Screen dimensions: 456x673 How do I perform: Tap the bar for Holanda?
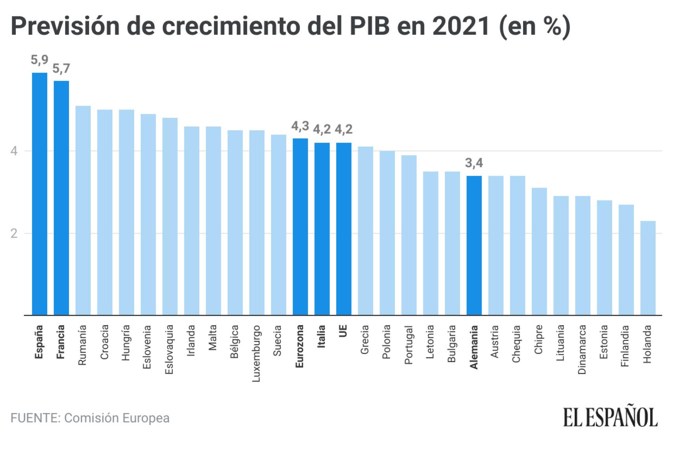tap(648, 268)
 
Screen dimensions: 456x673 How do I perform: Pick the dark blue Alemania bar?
tap(474, 245)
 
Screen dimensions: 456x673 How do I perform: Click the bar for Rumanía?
tap(83, 210)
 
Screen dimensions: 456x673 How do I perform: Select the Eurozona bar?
tap(300, 227)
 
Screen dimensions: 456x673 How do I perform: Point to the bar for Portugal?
tap(409, 235)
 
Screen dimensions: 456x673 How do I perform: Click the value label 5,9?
tap(39, 60)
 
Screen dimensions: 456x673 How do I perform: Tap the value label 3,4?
tap(474, 163)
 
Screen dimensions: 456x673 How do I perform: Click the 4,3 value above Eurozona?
tap(300, 126)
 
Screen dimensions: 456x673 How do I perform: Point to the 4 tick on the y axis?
tap(14, 151)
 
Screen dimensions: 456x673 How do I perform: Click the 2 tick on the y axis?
tap(14, 233)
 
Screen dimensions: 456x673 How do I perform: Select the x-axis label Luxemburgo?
tap(256, 353)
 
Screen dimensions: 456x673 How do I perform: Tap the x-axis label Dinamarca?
tap(582, 349)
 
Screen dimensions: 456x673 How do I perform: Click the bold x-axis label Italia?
tap(322, 336)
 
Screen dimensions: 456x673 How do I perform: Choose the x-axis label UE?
tap(343, 331)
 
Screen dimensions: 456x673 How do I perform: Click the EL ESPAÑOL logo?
tap(610, 417)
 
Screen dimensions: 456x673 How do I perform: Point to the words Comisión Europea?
tap(117, 418)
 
